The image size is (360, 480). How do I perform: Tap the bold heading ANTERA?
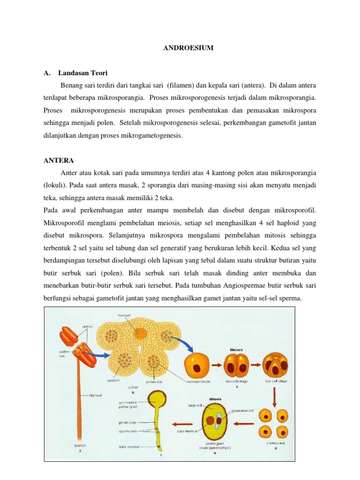point(56,159)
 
